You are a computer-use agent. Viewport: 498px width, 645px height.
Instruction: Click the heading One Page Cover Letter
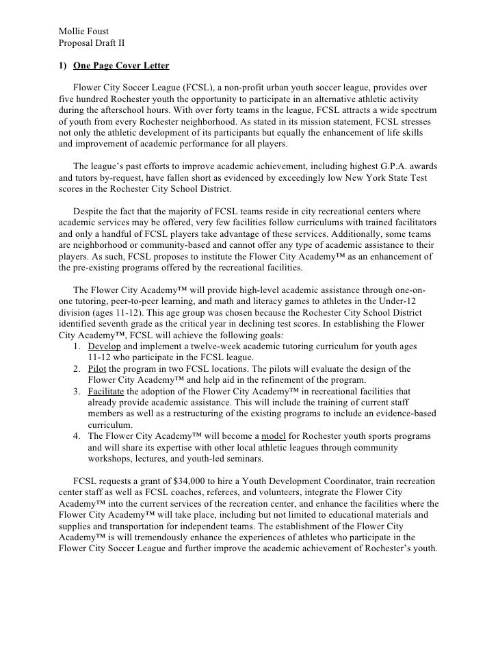click(121, 66)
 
